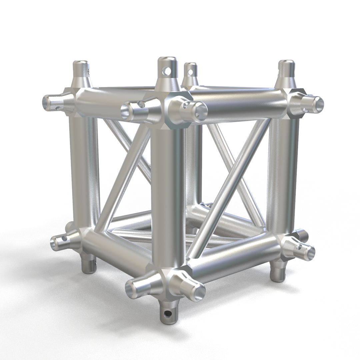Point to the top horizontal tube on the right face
click(x=240, y=100)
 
